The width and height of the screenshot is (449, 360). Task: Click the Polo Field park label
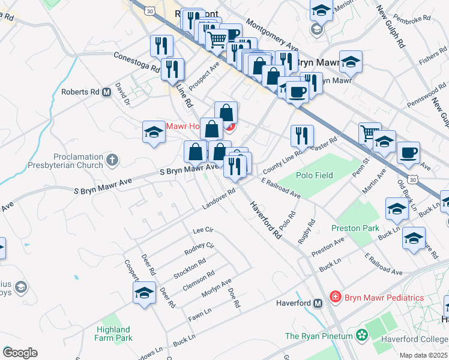pos(314,176)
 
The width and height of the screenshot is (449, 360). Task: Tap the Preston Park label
pos(355,228)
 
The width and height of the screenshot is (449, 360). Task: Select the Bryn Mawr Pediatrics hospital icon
pos(335,297)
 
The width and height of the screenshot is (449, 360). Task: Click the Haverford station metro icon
pos(318,303)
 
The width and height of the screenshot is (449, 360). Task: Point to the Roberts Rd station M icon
pos(107,92)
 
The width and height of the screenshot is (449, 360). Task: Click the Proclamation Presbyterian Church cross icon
pos(112,160)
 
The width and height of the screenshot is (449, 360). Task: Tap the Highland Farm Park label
pos(113,334)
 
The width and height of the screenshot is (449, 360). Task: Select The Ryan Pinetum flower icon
pos(361,336)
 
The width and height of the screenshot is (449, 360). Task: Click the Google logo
pos(20,353)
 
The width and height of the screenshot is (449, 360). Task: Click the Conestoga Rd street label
pos(136,61)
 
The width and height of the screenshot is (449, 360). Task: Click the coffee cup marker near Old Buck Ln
pos(408,152)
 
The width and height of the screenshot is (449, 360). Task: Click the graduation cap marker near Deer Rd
pos(144,294)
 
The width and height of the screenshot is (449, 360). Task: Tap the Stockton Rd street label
pos(190,268)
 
